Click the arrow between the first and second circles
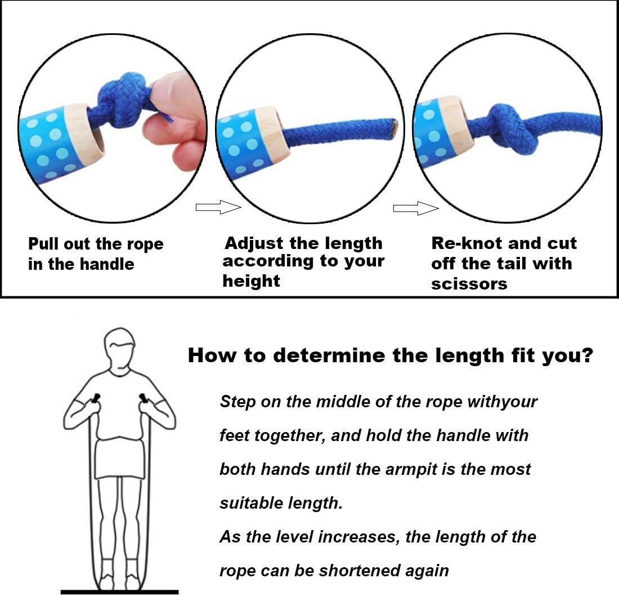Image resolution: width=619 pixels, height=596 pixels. pyautogui.click(x=218, y=207)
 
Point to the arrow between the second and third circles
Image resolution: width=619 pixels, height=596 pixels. pyautogui.click(x=416, y=208)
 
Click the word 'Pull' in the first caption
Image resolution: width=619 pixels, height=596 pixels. pyautogui.click(x=43, y=244)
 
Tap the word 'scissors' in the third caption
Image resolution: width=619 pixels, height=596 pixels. pyautogui.click(x=469, y=284)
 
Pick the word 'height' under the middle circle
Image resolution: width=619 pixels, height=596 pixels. pyautogui.click(x=251, y=281)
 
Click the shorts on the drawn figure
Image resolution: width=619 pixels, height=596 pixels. pyautogui.click(x=120, y=459)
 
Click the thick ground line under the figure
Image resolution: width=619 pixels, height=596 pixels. pyautogui.click(x=120, y=591)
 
